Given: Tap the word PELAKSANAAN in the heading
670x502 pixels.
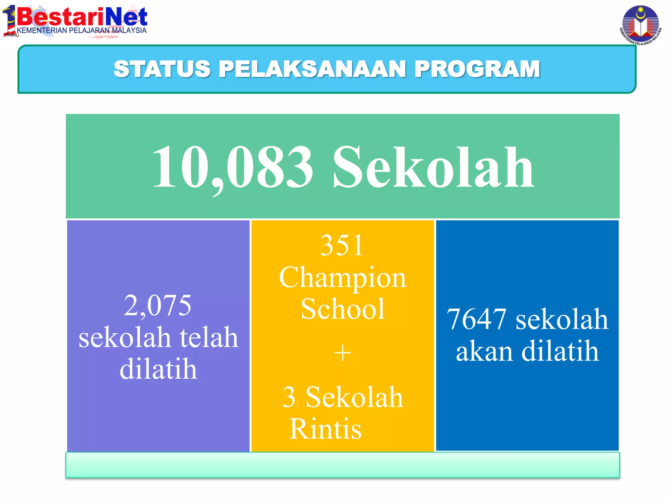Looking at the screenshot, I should (x=312, y=69).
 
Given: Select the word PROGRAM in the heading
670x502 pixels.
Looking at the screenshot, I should (x=477, y=69).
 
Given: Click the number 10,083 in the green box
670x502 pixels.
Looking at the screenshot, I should (x=233, y=167).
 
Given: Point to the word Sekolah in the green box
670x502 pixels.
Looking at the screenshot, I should (x=433, y=167).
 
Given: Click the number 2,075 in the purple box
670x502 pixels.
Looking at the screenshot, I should (x=158, y=305).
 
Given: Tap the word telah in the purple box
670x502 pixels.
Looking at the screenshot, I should (x=209, y=337).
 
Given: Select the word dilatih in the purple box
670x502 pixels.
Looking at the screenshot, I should (x=158, y=369).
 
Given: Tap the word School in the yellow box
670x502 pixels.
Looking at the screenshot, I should (x=343, y=309).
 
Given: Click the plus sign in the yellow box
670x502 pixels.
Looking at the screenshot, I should (x=343, y=353).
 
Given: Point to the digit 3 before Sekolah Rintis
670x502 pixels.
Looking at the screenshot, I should (x=289, y=397).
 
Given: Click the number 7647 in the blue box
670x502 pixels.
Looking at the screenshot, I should (x=477, y=319).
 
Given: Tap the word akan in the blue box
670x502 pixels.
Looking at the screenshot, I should (x=485, y=351).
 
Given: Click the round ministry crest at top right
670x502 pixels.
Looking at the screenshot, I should (x=640, y=24).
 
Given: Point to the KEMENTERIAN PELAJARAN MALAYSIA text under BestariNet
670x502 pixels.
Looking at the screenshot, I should (x=82, y=31).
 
